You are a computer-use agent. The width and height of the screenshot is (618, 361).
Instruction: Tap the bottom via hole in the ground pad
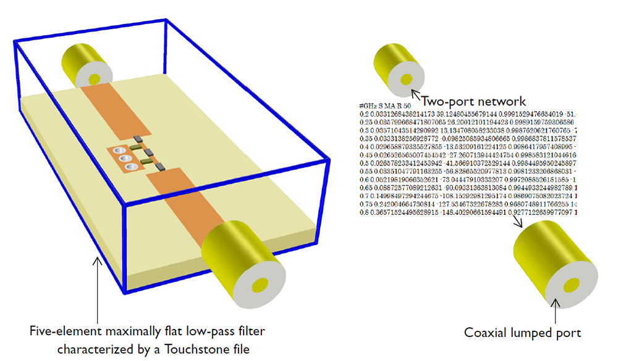130,166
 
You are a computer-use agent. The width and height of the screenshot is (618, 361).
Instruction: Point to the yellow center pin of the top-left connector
96,78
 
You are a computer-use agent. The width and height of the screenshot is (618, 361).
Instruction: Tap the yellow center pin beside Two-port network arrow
405,80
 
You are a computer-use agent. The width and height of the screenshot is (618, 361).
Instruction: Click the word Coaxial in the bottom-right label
486,333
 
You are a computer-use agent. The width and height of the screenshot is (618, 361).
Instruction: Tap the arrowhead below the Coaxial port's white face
557,301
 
